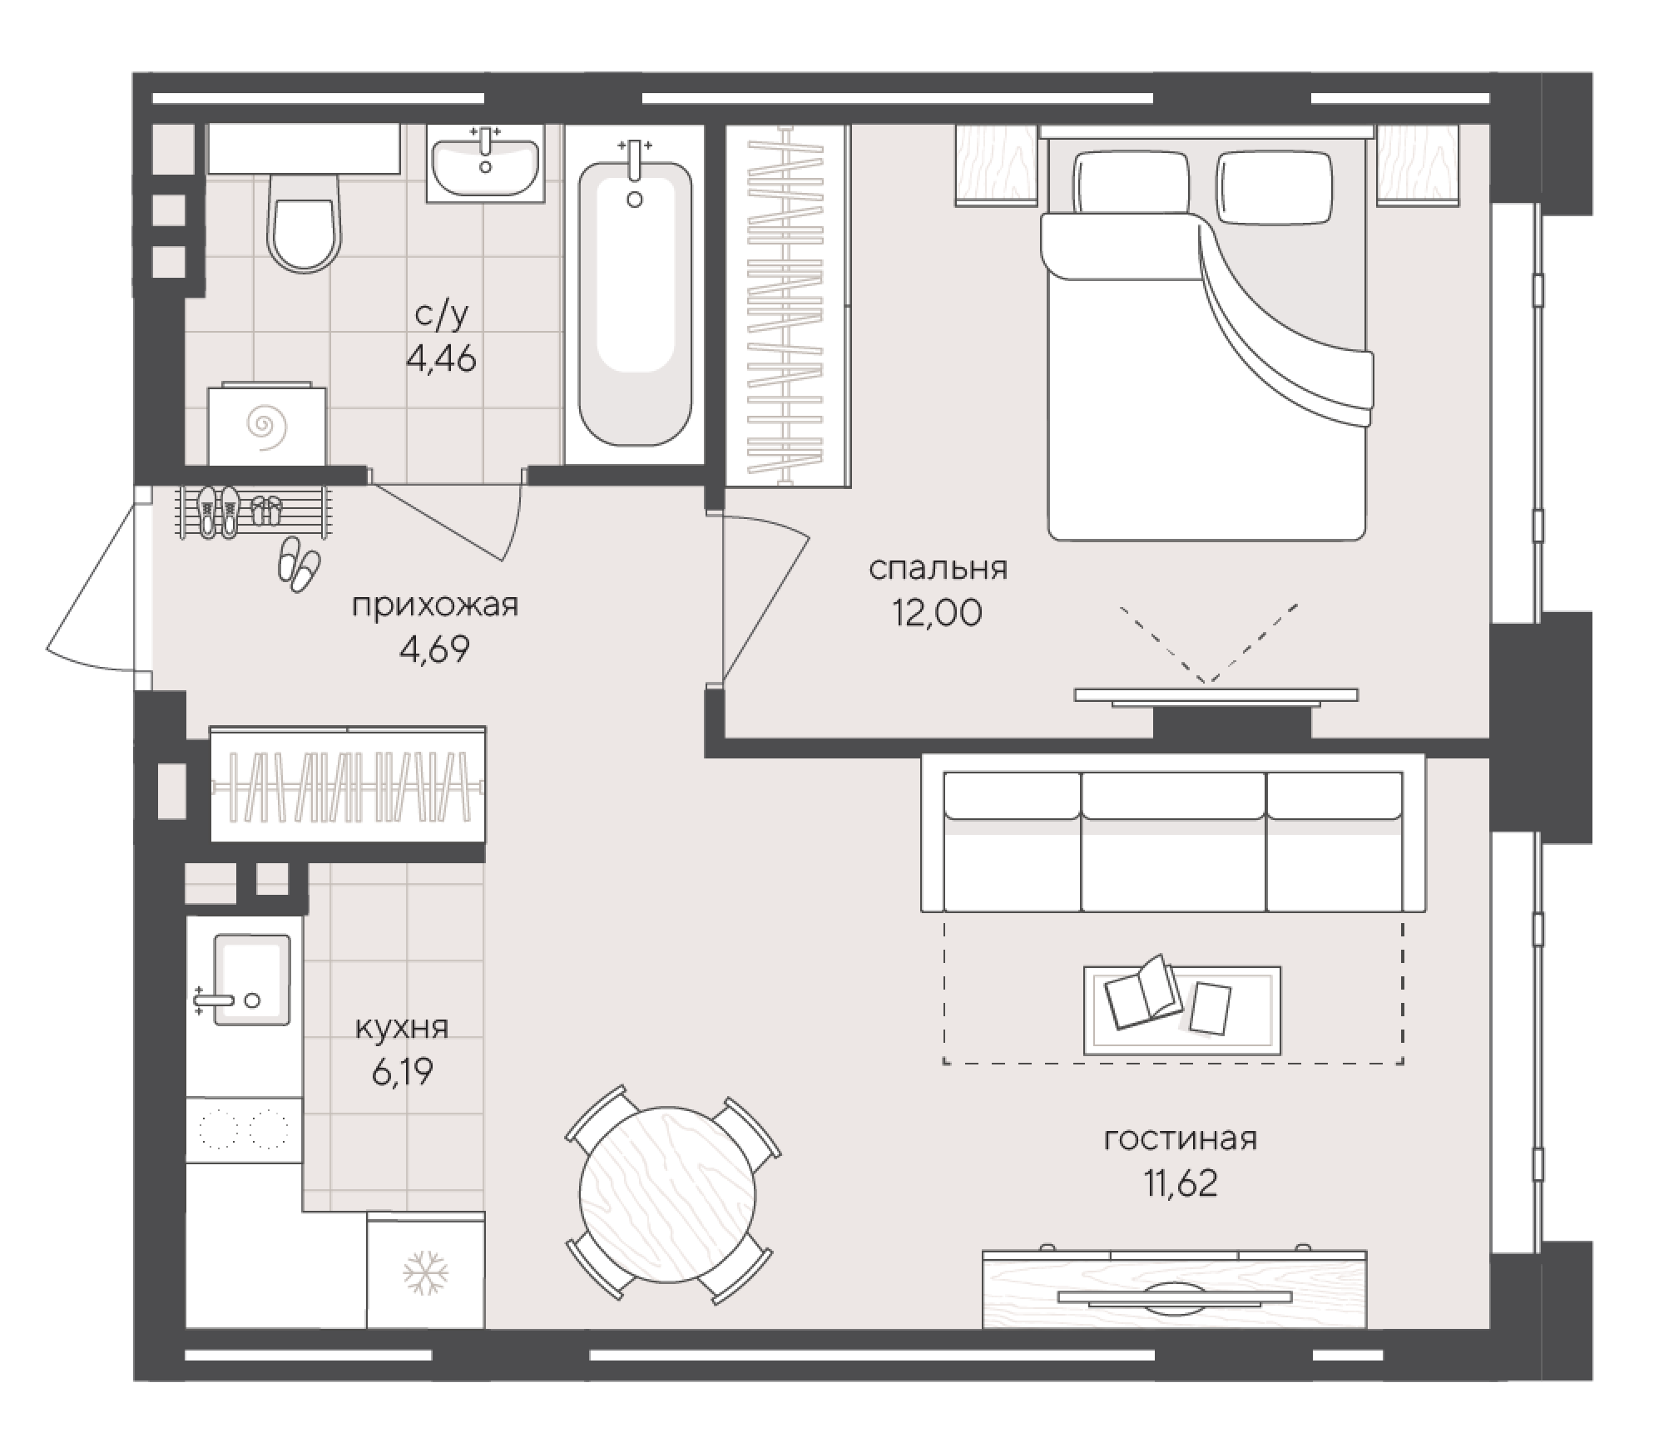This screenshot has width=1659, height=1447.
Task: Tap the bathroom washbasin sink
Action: [485, 165]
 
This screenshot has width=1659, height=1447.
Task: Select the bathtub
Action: [635, 303]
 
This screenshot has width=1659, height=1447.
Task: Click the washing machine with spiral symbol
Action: [266, 425]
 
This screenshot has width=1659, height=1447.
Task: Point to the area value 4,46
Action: [441, 359]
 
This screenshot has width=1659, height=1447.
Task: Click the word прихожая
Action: [435, 605]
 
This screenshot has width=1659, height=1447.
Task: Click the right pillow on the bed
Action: [1274, 188]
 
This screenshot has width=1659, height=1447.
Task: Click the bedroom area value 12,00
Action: [937, 613]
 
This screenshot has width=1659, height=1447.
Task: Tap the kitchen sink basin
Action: [252, 979]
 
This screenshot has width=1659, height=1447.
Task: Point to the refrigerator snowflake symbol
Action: [426, 1273]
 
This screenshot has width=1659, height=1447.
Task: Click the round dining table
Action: [668, 1195]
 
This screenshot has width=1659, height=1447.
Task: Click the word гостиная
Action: [1180, 1138]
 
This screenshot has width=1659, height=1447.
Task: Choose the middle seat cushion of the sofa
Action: [1173, 842]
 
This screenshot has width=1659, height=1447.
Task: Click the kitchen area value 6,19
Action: [402, 1073]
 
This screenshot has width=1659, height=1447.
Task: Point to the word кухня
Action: [402, 1029]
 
